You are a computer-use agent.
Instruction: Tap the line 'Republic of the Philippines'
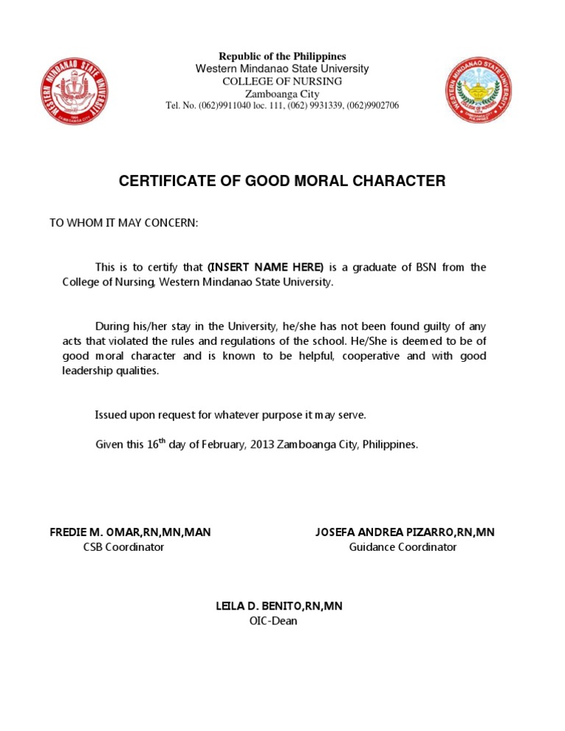[282, 57]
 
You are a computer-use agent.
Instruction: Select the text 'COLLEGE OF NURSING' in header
[282, 81]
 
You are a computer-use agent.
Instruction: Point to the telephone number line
[282, 106]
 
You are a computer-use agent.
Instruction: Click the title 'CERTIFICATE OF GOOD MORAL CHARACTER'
[282, 181]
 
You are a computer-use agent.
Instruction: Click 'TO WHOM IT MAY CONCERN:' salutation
[124, 223]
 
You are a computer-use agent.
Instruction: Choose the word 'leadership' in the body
[87, 371]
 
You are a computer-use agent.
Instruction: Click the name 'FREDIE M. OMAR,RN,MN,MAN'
[130, 532]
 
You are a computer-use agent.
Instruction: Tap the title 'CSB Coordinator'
[124, 547]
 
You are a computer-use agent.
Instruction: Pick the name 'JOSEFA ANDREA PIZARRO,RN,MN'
[405, 532]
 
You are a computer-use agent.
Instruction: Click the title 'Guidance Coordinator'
[402, 547]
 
